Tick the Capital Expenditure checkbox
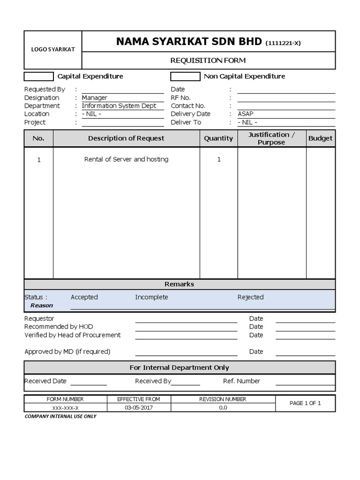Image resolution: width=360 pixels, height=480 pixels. tap(39, 76)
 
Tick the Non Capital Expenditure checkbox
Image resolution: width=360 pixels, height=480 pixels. tap(185, 76)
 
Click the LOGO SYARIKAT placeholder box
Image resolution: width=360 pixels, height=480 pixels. tap(53, 50)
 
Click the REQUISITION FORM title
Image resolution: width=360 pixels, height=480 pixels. tap(208, 60)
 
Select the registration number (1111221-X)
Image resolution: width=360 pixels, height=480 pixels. tap(283, 43)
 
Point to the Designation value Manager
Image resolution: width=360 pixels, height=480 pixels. tap(95, 97)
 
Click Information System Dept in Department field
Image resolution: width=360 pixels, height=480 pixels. tap(119, 106)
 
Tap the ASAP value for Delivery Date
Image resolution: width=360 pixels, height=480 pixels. tap(245, 114)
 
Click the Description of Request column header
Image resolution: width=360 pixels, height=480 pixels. tap(126, 138)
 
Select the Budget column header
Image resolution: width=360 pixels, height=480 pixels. tap(320, 138)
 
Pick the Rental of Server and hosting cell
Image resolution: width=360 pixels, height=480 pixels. tap(126, 159)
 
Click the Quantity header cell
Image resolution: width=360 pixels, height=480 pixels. tap(218, 138)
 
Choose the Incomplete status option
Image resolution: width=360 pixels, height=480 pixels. tap(151, 297)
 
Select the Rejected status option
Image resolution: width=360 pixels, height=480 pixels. tap(250, 297)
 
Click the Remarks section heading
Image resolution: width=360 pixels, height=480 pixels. tap(179, 284)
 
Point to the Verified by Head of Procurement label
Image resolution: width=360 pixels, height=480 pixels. tap(73, 335)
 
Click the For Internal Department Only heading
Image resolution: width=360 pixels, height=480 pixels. tap(179, 368)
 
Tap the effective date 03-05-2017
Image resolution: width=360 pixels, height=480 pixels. tap(138, 408)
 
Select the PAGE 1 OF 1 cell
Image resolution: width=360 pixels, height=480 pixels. tap(305, 403)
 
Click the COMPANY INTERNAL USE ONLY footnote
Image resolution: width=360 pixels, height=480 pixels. tap(60, 416)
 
